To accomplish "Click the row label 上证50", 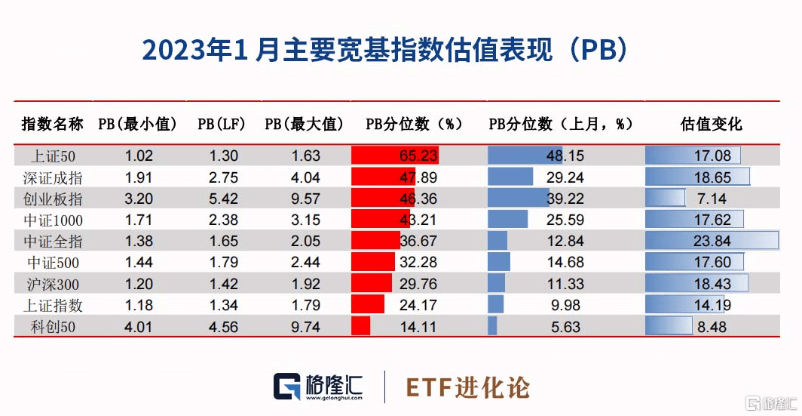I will (x=52, y=156).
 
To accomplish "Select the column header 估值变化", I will (x=711, y=124).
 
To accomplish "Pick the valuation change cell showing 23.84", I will (x=712, y=242).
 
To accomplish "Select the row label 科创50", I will (x=52, y=327).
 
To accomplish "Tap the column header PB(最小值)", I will (x=138, y=124).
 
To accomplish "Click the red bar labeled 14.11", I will (x=361, y=327).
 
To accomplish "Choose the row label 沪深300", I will (x=52, y=285).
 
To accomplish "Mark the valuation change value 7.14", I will (x=712, y=199).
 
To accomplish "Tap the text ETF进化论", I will (x=467, y=387).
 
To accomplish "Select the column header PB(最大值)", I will (x=305, y=124).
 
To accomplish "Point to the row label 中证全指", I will (x=52, y=242).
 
